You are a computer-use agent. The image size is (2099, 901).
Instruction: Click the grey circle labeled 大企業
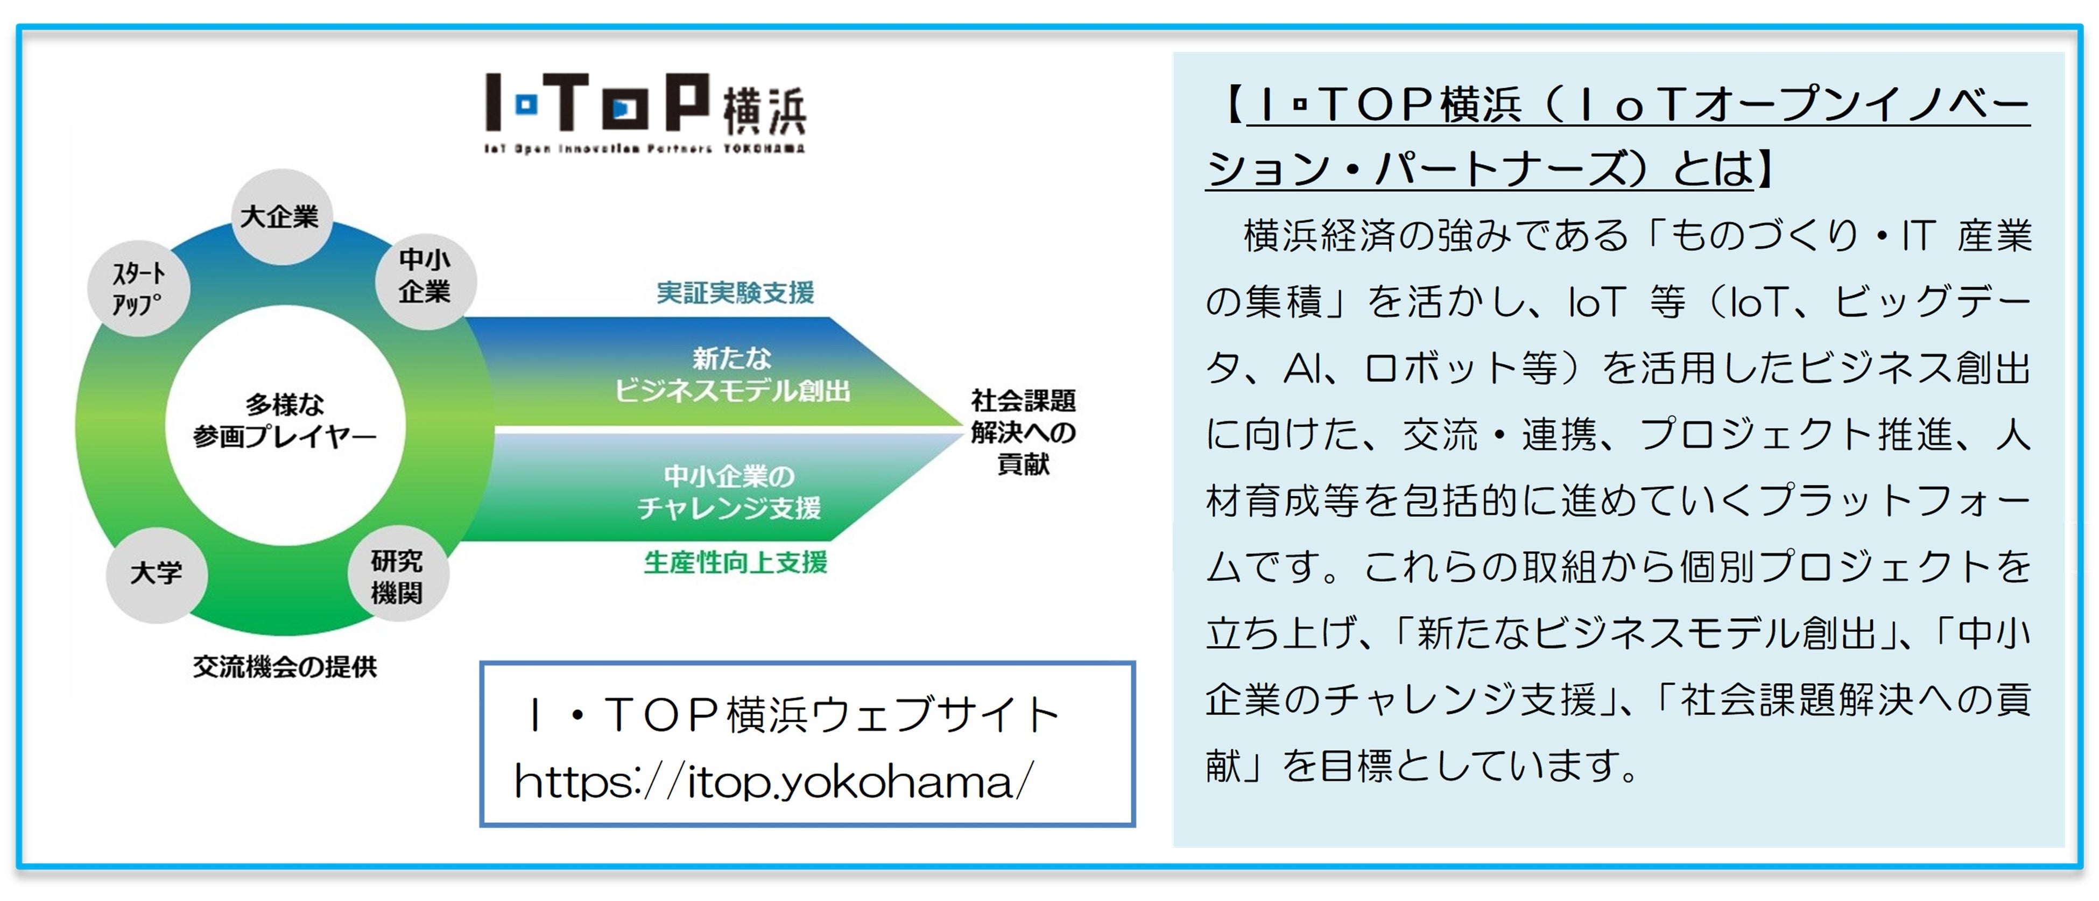tap(281, 217)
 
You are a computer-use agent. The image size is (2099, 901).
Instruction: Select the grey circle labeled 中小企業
tap(425, 281)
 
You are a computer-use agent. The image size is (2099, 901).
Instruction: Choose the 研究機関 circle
tap(397, 576)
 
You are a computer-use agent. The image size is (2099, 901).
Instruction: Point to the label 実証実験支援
tap(735, 292)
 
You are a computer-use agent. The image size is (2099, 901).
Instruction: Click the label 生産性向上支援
tap(735, 562)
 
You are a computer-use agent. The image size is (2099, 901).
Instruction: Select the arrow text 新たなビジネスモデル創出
tap(732, 375)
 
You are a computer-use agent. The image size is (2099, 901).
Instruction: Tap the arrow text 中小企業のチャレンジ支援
tap(729, 491)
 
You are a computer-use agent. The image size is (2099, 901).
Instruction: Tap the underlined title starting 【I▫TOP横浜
tap(1617, 137)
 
